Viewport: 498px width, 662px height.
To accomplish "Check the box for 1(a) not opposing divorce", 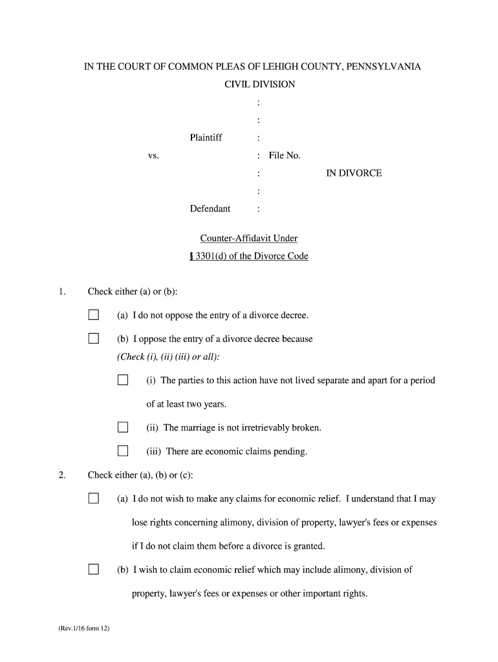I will coord(94,315).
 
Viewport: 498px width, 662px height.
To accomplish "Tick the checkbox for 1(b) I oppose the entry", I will coord(94,339).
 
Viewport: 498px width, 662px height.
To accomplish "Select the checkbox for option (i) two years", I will coord(123,380).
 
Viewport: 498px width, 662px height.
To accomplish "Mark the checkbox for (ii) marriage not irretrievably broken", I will coord(123,427).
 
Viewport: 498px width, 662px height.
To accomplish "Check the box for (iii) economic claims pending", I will coord(123,451).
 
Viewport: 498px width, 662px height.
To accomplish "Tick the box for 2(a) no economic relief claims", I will coord(94,498).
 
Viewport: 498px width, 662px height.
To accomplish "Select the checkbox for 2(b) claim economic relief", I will coord(94,570).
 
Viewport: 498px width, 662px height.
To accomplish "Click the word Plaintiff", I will coord(206,138).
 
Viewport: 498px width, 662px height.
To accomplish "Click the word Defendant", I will coord(210,209).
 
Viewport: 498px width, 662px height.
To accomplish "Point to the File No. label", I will coord(285,155).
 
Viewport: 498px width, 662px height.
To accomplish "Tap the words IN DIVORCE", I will coord(354,173).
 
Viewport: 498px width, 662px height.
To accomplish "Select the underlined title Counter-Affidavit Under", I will coord(249,239).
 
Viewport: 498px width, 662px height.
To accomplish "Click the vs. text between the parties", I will coord(153,156).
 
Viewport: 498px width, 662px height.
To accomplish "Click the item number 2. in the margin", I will coord(61,475).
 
